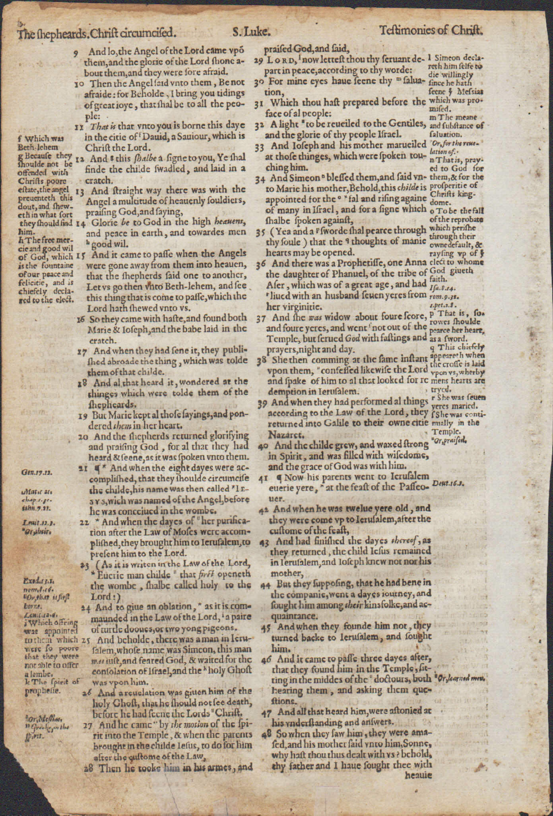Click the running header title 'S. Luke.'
click(245, 31)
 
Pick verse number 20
click(82, 437)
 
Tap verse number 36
click(260, 264)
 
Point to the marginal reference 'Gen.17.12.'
click(34, 473)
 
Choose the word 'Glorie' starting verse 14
click(103, 223)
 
